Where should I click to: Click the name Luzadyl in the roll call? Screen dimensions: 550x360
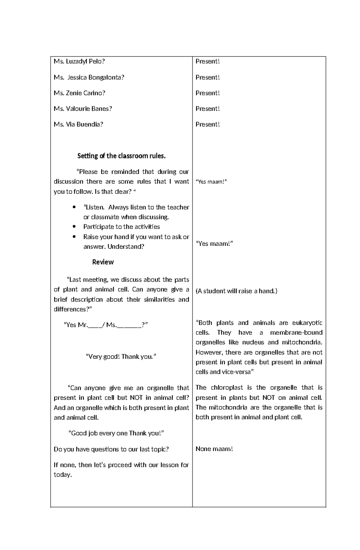[76, 61]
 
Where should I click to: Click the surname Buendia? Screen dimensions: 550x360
[90, 124]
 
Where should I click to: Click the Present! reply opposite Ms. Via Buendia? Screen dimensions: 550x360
[208, 124]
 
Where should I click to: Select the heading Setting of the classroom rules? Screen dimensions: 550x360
[121, 156]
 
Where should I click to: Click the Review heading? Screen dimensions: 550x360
[103, 262]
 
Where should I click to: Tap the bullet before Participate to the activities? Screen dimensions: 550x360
[74, 227]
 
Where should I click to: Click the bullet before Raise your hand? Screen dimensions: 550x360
[74, 236]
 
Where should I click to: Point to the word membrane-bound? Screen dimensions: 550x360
[296, 332]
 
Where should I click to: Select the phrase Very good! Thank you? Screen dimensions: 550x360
[121, 356]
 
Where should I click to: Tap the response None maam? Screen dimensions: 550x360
[214, 449]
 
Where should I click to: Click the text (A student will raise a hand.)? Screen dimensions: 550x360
[236, 291]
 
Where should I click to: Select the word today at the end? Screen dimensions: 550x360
[62, 474]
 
